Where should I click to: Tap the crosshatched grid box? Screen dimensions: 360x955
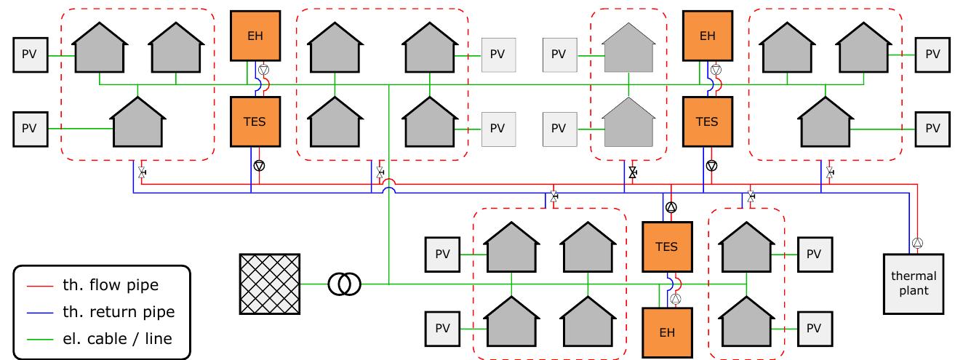click(x=270, y=284)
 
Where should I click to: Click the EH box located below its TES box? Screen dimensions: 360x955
click(x=667, y=332)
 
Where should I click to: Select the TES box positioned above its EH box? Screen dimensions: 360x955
click(x=667, y=247)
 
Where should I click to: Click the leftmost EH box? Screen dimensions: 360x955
click(x=255, y=35)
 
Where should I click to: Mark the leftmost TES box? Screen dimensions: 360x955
click(x=255, y=121)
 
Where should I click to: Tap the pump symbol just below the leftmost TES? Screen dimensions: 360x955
click(x=258, y=165)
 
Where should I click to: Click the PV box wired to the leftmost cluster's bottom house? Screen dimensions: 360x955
click(x=29, y=128)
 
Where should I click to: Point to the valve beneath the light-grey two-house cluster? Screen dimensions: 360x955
click(x=632, y=174)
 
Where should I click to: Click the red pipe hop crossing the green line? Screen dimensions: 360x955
click(x=389, y=181)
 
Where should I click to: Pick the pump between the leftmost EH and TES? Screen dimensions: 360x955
click(x=263, y=71)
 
